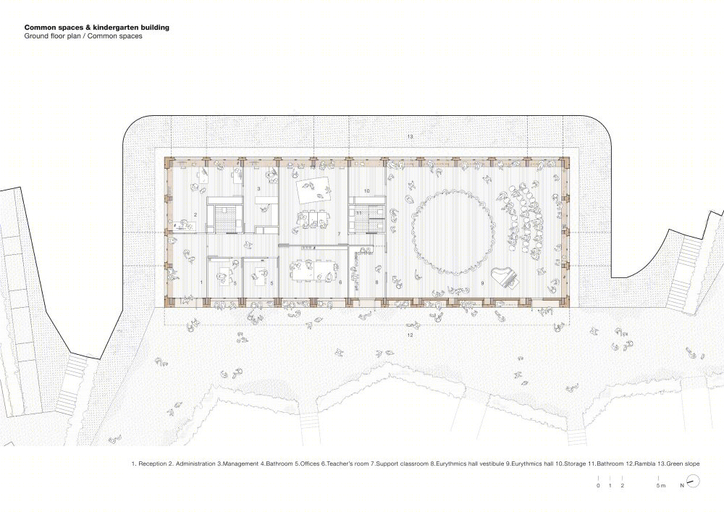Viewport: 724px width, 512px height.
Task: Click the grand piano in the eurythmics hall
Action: [x=505, y=277]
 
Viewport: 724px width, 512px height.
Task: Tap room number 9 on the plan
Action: [x=482, y=283]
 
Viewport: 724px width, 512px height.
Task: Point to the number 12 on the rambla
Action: [x=410, y=335]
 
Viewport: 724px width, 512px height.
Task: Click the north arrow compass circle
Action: [x=693, y=482]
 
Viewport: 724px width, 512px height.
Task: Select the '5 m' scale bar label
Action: [x=661, y=486]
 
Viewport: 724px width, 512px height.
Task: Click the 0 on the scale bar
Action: [x=598, y=486]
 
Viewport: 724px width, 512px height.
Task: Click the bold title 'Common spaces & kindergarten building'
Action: [x=97, y=28]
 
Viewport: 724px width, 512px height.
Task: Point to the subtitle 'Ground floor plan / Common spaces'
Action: [x=83, y=36]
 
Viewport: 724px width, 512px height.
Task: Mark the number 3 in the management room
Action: [x=258, y=189]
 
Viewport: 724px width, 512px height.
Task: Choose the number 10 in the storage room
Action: [x=367, y=190]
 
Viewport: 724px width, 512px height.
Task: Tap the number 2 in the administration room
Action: [x=195, y=214]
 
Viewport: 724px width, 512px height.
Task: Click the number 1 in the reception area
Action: [x=201, y=282]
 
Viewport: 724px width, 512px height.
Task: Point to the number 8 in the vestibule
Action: [x=376, y=282]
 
